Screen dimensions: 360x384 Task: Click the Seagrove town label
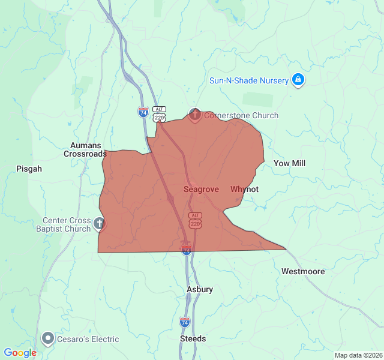[x=201, y=189]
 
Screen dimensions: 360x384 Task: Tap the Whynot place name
[x=244, y=189]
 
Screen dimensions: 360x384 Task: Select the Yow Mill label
[x=289, y=163]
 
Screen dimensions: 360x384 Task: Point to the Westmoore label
[x=303, y=271]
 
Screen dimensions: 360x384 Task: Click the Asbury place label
[x=200, y=289]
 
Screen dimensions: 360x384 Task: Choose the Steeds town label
[x=193, y=338]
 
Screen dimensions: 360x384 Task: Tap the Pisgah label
[x=29, y=169]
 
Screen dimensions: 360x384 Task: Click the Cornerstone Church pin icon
[x=194, y=114]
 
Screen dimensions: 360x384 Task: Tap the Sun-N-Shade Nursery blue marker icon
[x=298, y=80]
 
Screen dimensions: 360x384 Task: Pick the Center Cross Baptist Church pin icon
[x=100, y=224]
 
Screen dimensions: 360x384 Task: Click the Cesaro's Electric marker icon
[x=48, y=338]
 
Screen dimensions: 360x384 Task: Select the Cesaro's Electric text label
[x=88, y=339]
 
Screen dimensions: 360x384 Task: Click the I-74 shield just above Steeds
[x=185, y=322]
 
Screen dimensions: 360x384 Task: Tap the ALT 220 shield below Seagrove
[x=195, y=220]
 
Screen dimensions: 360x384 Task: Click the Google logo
[x=20, y=353]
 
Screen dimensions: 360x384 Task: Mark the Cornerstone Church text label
[x=241, y=115]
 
